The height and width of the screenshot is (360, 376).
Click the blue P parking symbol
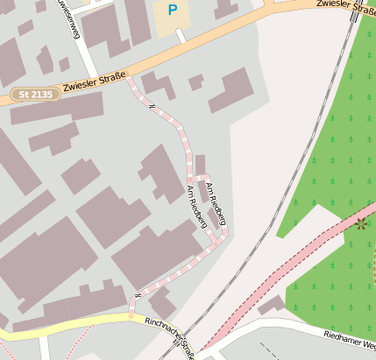pyautogui.click(x=173, y=11)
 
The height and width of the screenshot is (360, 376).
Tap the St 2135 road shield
pyautogui.click(x=35, y=93)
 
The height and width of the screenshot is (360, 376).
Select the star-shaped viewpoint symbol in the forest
pyautogui.click(x=360, y=223)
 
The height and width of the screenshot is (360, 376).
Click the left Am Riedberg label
pyautogui.click(x=197, y=208)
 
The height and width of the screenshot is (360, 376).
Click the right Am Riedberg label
pyautogui.click(x=215, y=203)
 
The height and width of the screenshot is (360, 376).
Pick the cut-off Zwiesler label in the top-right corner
pyautogui.click(x=347, y=6)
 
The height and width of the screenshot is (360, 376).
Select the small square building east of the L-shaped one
pyautogui.click(x=195, y=82)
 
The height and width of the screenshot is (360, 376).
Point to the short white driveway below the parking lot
pyautogui.click(x=181, y=35)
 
